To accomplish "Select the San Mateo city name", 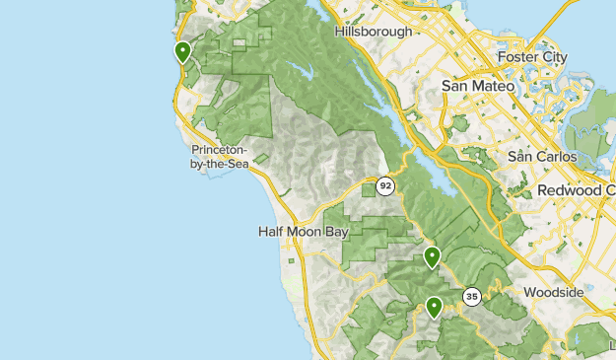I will point(478,87).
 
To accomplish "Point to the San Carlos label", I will point(542,156).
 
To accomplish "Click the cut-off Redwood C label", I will point(576,189).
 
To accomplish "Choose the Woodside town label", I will point(554,293).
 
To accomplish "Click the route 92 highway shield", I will point(385,184).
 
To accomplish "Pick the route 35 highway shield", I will point(472,296).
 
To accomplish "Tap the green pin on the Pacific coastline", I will point(182,51).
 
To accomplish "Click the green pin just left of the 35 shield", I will point(434,307).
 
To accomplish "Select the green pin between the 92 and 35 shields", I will point(432,257).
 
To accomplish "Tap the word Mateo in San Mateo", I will point(495,87).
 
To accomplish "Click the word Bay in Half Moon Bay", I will point(336,232).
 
